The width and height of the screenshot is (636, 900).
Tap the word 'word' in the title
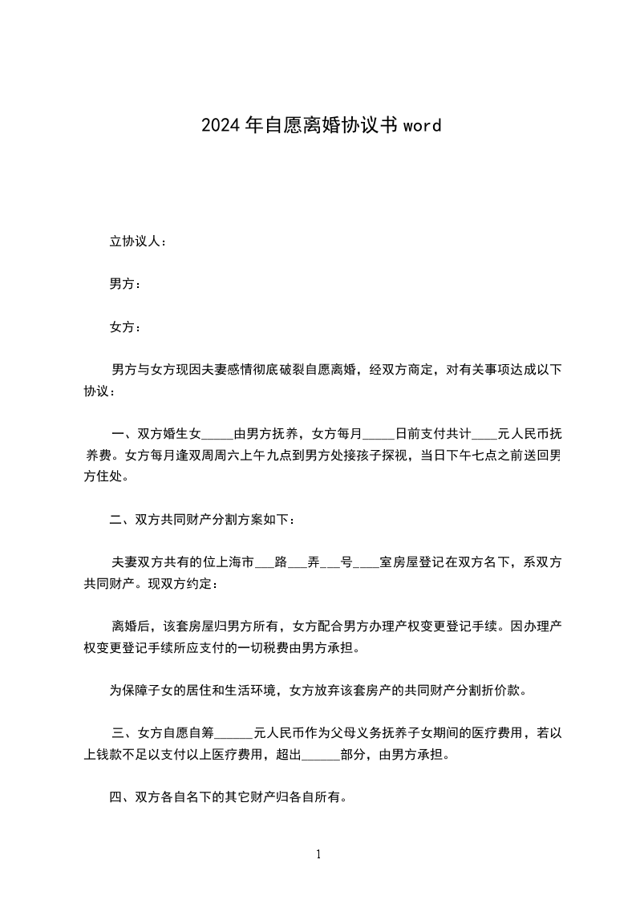(x=422, y=125)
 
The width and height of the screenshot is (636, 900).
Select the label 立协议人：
(x=138, y=241)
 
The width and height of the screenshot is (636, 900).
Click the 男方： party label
(x=126, y=284)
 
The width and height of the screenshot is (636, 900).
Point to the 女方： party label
(x=126, y=327)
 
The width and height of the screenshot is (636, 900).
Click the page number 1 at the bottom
(x=318, y=854)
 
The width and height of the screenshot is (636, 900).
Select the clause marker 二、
(x=123, y=520)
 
